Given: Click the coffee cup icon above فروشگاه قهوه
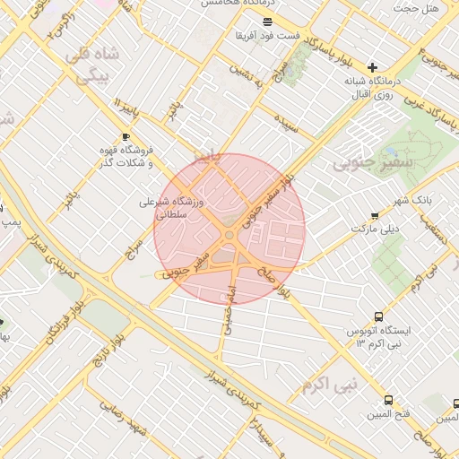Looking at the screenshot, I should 126,136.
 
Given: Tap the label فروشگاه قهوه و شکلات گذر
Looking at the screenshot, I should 126,157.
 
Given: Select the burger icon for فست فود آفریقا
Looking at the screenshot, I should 267,21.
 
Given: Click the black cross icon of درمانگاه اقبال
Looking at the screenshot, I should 373,67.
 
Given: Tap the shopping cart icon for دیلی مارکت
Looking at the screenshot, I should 374,215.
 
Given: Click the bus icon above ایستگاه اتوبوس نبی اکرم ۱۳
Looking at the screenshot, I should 379,316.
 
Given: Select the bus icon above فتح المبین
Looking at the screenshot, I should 387,400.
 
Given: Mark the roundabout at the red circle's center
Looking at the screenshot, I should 229,235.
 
